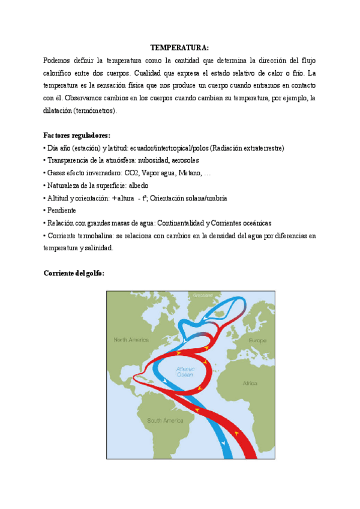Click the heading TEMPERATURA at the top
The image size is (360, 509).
179,48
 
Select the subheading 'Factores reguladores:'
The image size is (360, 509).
77,135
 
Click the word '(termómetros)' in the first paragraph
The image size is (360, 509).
96,111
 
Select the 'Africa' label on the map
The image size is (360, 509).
250,382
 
